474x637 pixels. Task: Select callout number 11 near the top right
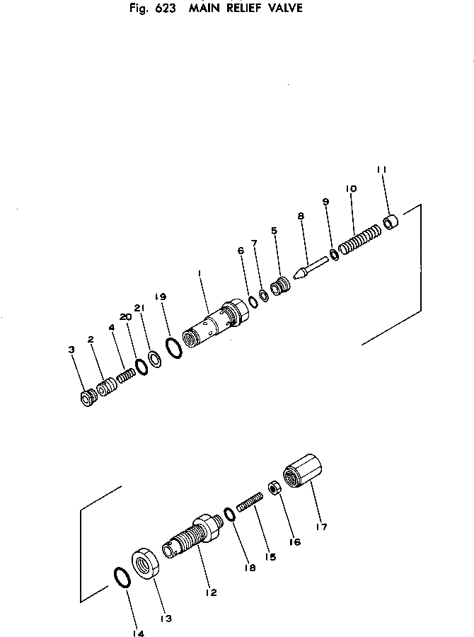tap(381, 170)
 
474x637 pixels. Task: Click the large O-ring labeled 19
tap(173, 347)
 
